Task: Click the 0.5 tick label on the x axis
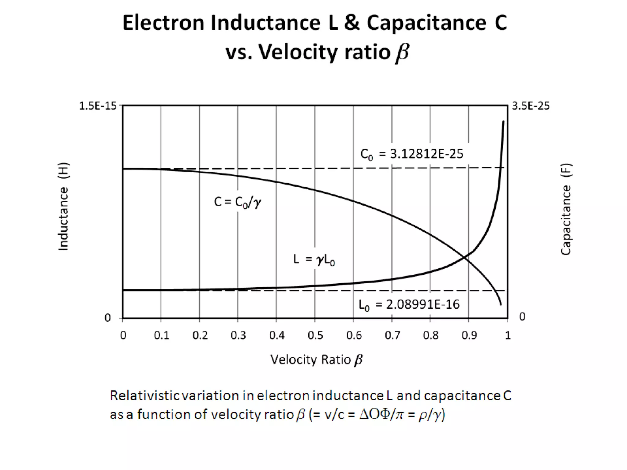pyautogui.click(x=315, y=335)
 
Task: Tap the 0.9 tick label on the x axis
pyautogui.click(x=469, y=335)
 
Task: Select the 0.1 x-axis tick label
pyautogui.click(x=162, y=335)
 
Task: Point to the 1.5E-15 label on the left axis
pyautogui.click(x=98, y=106)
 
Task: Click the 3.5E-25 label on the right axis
pyautogui.click(x=531, y=106)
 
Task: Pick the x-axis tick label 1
pyautogui.click(x=508, y=335)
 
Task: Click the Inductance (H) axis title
pyautogui.click(x=63, y=206)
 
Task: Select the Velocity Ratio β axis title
pyautogui.click(x=316, y=360)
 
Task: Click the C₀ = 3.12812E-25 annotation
pyautogui.click(x=412, y=154)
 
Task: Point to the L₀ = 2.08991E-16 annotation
pyautogui.click(x=409, y=305)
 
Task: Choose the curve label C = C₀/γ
pyautogui.click(x=238, y=202)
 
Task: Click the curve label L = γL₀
pyautogui.click(x=314, y=259)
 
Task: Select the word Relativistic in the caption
pyautogui.click(x=144, y=395)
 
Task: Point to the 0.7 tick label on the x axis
pyautogui.click(x=392, y=335)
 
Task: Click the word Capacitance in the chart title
pyautogui.click(x=426, y=23)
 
